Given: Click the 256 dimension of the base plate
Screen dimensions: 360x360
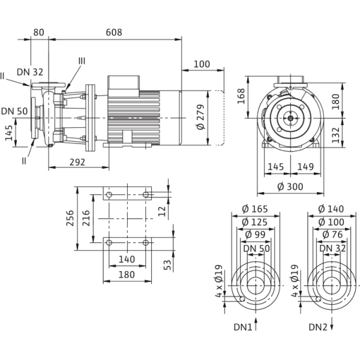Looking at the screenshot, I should point(71,217).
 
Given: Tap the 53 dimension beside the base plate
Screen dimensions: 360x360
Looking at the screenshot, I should point(169,265).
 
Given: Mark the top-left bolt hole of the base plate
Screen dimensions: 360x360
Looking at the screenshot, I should point(108,196).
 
